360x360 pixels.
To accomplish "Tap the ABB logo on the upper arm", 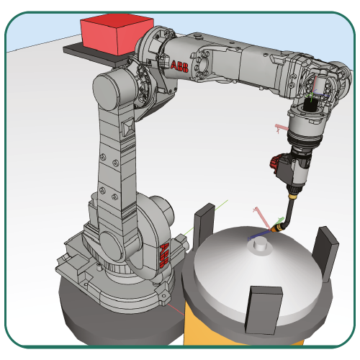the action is coord(179,66).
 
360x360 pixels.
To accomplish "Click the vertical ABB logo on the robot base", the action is coord(164,255).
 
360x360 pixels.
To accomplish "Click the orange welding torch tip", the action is coord(276,228).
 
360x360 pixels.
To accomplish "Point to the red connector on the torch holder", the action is coord(274,163).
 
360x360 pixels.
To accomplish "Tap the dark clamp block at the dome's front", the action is coord(264,310).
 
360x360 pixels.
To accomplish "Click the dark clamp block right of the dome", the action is coord(325,254).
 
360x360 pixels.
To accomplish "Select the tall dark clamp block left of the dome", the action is coord(204,225).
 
